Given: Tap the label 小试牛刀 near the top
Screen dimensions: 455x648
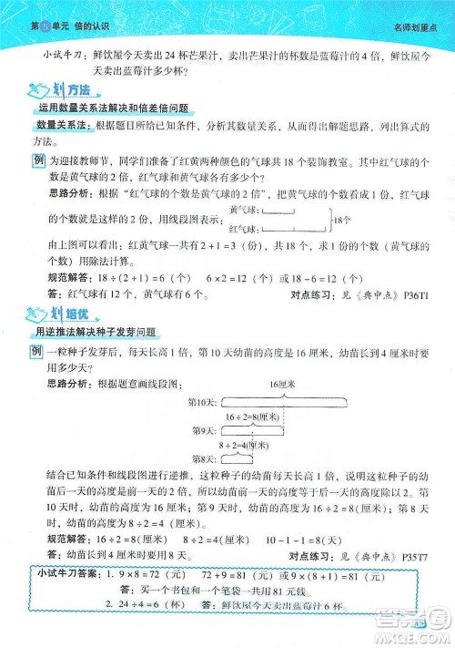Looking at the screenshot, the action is click(x=60, y=56).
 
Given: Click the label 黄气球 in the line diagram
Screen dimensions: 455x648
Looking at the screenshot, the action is click(x=243, y=211).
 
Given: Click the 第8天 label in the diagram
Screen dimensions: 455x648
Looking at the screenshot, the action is click(x=202, y=458).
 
